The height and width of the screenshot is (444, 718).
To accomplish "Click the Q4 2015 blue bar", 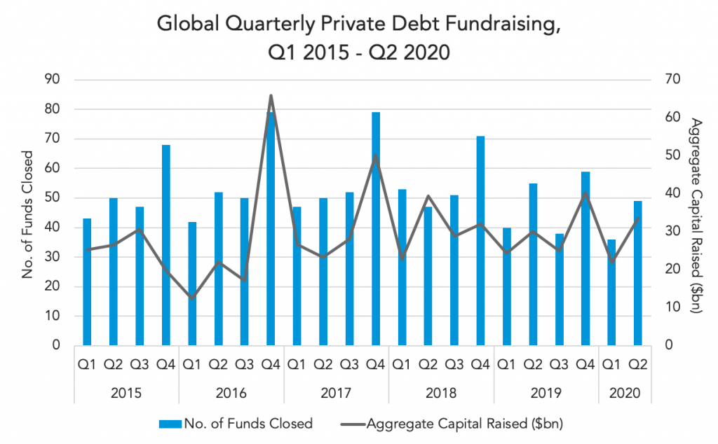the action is tap(165, 245).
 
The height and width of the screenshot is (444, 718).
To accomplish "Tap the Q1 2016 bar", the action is tap(192, 284).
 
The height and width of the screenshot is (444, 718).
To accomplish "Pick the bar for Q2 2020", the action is tap(638, 273).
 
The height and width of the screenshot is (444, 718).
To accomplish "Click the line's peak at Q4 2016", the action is tap(271, 95).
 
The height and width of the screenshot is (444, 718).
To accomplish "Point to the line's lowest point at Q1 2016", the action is tap(192, 298).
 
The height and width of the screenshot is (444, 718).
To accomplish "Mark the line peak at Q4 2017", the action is tap(376, 155).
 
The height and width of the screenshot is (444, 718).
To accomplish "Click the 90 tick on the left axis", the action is tap(53, 80).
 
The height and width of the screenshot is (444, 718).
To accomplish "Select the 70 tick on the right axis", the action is tap(672, 80).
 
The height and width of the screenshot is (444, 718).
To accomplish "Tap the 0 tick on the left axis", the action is tap(56, 345).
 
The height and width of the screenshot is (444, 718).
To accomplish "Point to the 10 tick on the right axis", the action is tap(672, 307).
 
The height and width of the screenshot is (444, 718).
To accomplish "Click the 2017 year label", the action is tap(336, 394).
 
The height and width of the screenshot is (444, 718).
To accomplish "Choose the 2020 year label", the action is tap(625, 394).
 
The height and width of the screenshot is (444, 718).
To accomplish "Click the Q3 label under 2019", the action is tap(559, 365).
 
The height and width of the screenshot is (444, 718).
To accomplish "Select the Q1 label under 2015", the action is tap(87, 365).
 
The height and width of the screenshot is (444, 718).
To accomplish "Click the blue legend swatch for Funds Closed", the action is tap(170, 424).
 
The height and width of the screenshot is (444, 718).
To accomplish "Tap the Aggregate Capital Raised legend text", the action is tap(464, 424).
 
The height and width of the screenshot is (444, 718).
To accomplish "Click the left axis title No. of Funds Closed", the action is tap(28, 214).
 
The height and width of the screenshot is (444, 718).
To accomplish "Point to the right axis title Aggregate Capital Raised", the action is tap(696, 216).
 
